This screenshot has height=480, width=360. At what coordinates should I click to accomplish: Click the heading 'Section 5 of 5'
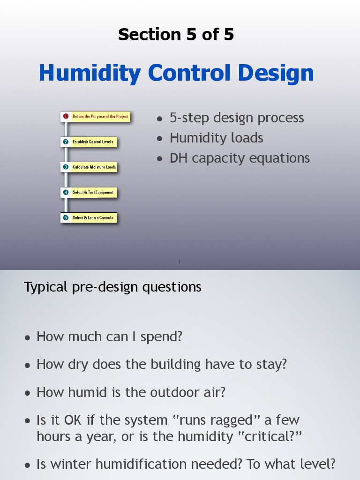point(176,35)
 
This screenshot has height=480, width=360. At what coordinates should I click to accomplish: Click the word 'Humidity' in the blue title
point(90,73)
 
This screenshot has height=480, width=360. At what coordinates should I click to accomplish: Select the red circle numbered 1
point(66,116)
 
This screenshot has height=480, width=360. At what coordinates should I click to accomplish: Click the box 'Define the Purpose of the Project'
point(100,116)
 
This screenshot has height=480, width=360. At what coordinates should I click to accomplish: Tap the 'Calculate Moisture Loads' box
point(94,167)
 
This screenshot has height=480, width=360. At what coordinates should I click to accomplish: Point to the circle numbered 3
point(66,167)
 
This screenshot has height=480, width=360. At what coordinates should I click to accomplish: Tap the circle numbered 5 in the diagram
point(66,217)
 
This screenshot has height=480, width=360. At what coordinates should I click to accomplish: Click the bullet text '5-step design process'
point(237,118)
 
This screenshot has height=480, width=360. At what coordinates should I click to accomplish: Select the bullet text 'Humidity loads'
point(216,138)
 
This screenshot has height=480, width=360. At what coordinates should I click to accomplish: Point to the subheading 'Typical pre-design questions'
point(112,287)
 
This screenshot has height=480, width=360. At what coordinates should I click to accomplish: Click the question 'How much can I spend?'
point(109,337)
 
